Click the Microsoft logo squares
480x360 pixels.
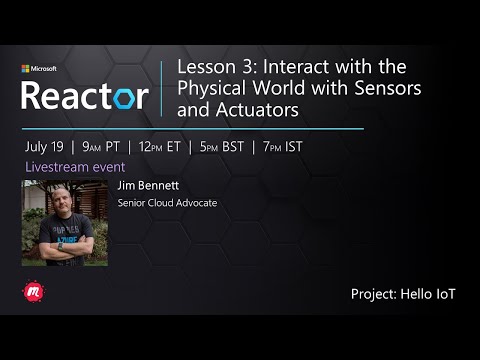26,69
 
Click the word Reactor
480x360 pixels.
85,96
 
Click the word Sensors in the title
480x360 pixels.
384,87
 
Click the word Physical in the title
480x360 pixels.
211,87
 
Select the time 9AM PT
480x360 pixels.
101,146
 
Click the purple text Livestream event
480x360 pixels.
68,166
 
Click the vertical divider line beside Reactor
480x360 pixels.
162,87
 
